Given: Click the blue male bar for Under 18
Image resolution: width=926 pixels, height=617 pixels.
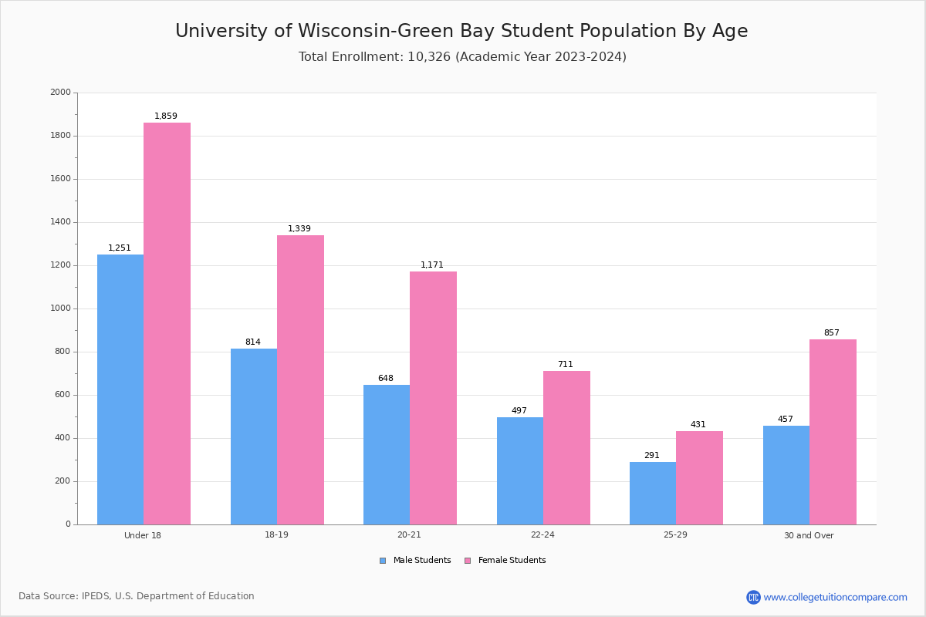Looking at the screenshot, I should click(120, 389).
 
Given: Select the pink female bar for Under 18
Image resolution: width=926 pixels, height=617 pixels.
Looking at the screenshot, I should click(167, 324).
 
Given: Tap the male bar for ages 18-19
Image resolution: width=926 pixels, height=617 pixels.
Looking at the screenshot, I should click(254, 437).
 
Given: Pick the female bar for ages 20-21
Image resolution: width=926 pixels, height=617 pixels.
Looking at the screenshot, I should click(433, 398).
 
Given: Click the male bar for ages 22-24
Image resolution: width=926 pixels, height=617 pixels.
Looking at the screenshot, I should click(520, 470).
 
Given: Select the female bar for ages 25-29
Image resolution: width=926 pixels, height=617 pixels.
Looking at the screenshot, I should click(699, 478).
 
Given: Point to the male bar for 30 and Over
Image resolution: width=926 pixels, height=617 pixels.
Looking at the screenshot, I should click(786, 475).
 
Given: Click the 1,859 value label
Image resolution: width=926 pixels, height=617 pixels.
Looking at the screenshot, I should click(166, 116).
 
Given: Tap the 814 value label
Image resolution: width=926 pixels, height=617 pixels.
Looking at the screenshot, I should click(253, 342).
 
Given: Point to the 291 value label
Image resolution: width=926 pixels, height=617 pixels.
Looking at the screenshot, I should click(652, 456).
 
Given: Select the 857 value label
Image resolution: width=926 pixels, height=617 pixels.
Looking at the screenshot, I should click(831, 333).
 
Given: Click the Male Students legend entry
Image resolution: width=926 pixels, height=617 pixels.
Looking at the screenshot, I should click(421, 561).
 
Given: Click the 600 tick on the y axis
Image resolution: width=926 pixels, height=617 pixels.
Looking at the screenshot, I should click(63, 395).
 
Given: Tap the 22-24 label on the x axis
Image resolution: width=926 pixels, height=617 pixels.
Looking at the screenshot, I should click(542, 535).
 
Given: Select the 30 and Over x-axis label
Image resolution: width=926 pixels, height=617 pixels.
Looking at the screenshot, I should click(809, 535).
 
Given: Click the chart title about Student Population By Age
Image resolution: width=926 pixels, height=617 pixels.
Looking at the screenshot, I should click(461, 32).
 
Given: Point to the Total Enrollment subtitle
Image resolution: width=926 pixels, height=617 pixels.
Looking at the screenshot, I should click(462, 57).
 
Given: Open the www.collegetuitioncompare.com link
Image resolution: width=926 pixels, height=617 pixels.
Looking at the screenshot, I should click(835, 597).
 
